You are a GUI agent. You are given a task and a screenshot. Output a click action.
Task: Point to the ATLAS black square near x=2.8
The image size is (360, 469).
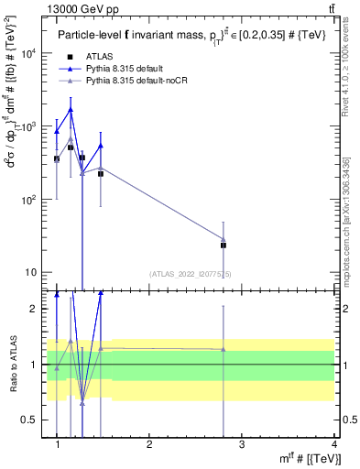click(224, 245)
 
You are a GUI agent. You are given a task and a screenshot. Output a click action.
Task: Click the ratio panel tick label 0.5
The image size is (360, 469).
click(30, 420)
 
